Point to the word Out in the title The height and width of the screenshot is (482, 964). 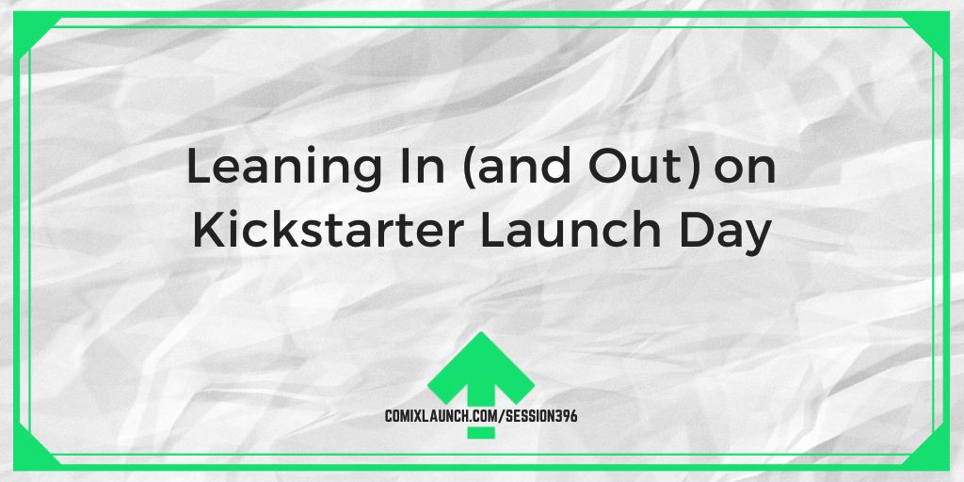[637, 168]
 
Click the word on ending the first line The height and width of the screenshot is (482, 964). [745, 172]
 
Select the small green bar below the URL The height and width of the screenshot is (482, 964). [481, 432]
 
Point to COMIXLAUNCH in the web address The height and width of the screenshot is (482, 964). [442, 416]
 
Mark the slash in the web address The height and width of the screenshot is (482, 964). [503, 416]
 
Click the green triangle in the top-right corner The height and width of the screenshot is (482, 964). [935, 28]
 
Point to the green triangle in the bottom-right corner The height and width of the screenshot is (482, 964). [935, 455]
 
